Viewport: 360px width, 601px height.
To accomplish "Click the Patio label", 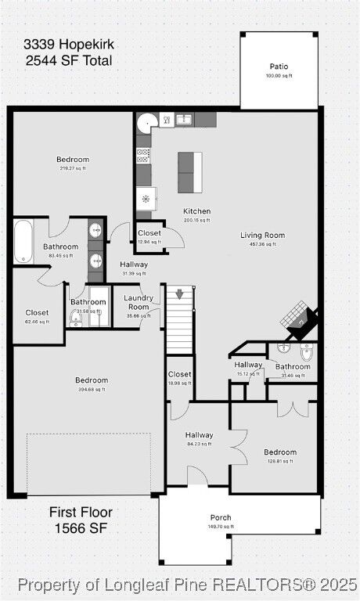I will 279,67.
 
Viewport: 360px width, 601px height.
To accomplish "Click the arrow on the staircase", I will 179,294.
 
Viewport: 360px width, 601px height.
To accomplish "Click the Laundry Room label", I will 139,302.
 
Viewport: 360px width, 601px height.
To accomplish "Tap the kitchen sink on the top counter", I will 183,120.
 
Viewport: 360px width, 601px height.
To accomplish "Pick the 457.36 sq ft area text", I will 262,244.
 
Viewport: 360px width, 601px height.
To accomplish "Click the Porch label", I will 221,517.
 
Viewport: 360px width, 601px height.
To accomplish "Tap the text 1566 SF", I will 81,529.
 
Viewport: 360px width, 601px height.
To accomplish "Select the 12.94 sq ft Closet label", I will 149,233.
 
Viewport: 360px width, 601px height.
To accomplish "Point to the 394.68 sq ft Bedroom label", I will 92,380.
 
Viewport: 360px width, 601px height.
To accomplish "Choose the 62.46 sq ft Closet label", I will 37,312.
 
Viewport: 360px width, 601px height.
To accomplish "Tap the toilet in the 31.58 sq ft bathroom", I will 77,316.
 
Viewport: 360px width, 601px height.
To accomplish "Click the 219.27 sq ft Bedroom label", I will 73,160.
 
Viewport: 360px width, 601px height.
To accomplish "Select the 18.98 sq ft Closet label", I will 179,375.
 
